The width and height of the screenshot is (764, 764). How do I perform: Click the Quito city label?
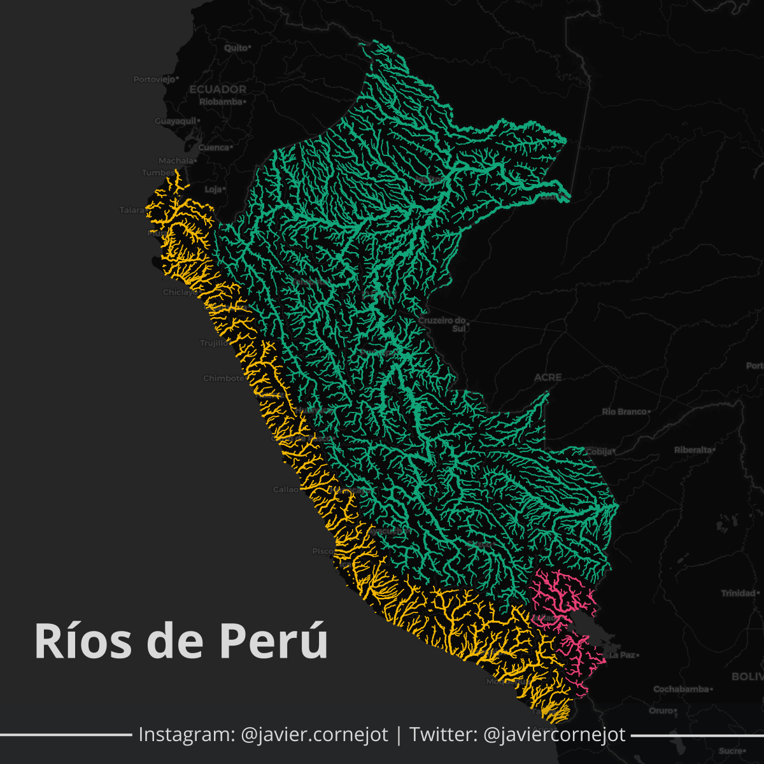coord(235,48)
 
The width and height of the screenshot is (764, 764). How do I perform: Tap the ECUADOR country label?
coord(218,89)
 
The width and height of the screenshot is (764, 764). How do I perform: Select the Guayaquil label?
coord(175,121)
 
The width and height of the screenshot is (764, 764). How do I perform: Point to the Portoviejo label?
coord(153,80)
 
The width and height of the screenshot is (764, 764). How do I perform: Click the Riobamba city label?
coord(221,102)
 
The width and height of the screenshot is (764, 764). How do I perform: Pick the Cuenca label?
coord(213,148)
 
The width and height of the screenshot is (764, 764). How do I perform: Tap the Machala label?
coord(175,161)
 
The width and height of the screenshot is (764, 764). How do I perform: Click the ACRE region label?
coord(548,378)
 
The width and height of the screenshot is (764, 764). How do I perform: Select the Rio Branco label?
coord(624,412)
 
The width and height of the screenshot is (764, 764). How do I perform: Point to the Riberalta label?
coord(693,450)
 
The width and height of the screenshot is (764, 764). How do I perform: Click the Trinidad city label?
coord(738,593)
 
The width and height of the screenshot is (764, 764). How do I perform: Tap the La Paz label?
coord(621,655)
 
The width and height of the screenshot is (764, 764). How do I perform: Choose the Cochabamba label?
coord(681,690)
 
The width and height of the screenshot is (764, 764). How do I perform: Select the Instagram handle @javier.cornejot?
coord(315,735)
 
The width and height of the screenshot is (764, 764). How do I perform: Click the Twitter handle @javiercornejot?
coord(555,735)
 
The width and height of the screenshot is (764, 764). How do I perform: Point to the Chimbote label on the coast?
coord(223,378)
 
